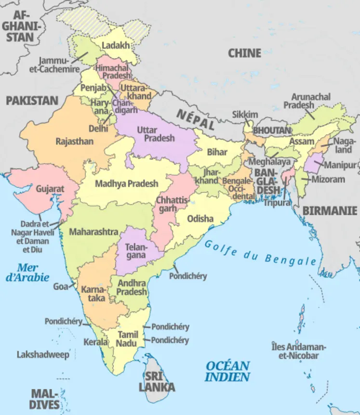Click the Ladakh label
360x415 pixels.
coord(116,46)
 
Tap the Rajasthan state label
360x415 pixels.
coord(74,142)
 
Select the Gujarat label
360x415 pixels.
coord(50,189)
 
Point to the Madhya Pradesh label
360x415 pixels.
coord(126,183)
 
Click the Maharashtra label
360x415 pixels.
coord(93,232)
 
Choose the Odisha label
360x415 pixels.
coord(200,219)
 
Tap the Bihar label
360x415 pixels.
coord(217,152)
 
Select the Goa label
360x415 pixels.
coord(61,286)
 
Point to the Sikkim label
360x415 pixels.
coord(245,115)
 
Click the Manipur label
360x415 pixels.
coord(340,165)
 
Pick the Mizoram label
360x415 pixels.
coord(328,179)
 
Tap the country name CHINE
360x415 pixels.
coord(244,53)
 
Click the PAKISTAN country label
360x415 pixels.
coord(32,101)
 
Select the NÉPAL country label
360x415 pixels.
coord(195,118)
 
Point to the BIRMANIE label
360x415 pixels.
coord(330,211)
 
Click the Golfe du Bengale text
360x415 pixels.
coord(260,252)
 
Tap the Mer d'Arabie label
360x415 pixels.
coord(27,272)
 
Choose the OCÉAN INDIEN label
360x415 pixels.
coord(227,371)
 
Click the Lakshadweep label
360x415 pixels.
coord(43,355)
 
